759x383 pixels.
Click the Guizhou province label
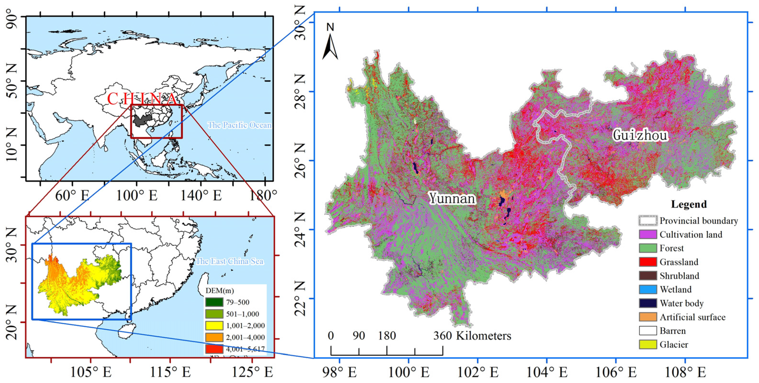pos(640,135)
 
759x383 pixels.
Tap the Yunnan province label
pos(452,198)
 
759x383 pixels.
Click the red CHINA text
pos(141,99)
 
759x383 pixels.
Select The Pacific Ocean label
pos(239,125)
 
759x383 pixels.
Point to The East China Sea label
pos(230,261)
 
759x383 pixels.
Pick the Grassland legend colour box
pos(648,262)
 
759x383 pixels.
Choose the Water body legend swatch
pos(648,303)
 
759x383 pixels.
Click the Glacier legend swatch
pos(648,344)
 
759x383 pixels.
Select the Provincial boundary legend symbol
pos(648,220)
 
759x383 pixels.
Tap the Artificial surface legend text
pos(692,317)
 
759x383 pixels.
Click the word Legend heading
pos(689,204)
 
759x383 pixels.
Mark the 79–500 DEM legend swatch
pos(214,302)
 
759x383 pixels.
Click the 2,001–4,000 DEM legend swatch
pos(214,337)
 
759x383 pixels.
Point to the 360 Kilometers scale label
pos(472,336)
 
